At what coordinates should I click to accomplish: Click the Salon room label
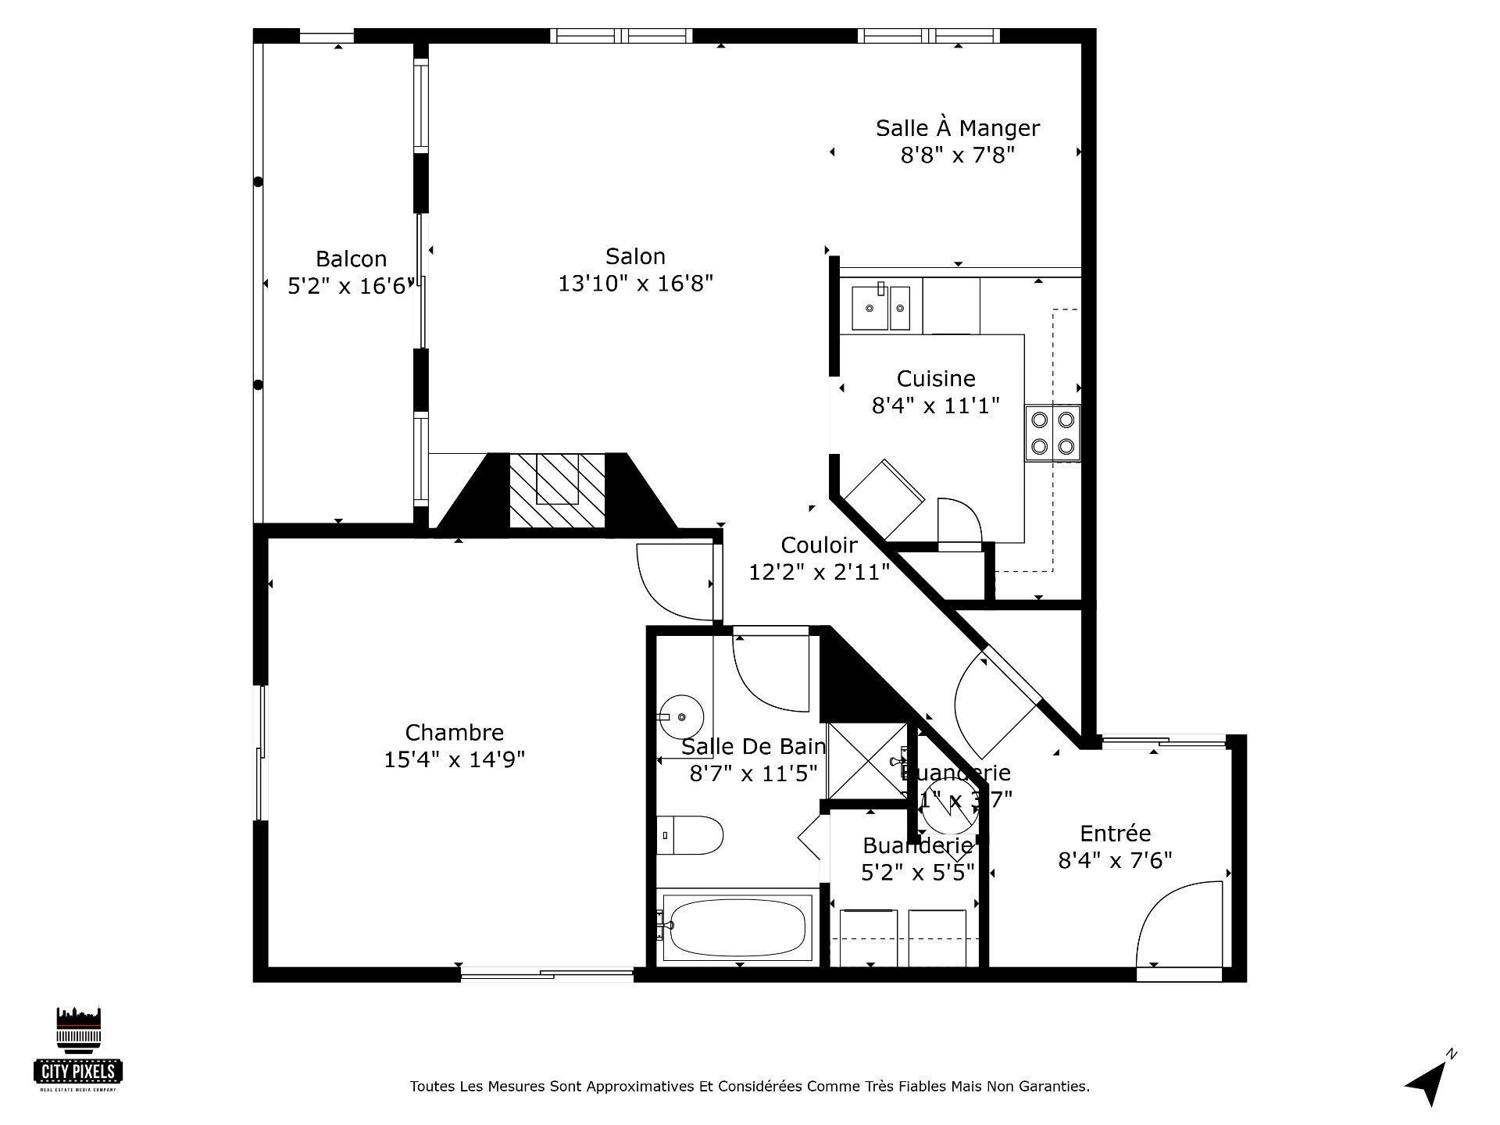click(635, 256)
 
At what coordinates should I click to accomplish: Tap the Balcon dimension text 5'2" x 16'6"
click(348, 286)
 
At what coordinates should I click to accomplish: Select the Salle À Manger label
click(957, 128)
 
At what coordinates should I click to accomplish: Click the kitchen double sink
click(880, 308)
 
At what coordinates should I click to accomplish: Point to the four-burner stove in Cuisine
click(1052, 433)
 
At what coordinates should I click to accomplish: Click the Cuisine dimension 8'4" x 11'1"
click(935, 405)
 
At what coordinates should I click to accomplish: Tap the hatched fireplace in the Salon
click(557, 490)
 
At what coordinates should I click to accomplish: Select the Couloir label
click(819, 545)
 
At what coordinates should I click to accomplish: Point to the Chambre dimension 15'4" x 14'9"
click(454, 759)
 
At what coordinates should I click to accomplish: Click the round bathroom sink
click(680, 716)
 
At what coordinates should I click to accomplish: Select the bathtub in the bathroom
click(737, 927)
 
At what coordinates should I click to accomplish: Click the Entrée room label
click(1115, 834)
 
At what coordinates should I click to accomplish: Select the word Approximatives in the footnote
click(640, 1087)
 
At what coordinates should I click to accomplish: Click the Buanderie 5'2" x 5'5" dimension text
click(917, 872)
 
